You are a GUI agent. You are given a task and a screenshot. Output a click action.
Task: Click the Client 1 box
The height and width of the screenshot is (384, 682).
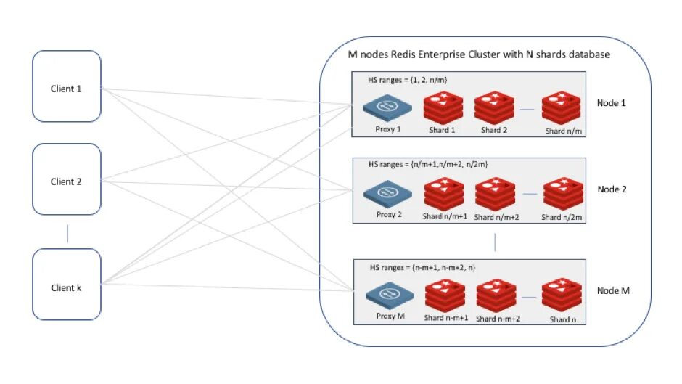point(66,86)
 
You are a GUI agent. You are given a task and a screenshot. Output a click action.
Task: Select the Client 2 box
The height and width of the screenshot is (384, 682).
point(66,179)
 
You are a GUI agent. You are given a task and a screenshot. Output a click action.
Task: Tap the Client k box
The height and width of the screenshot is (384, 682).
point(66,285)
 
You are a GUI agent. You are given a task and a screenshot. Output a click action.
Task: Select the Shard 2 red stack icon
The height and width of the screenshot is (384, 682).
point(494,107)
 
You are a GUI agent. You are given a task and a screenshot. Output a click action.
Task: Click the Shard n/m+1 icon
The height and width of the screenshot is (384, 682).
point(445,195)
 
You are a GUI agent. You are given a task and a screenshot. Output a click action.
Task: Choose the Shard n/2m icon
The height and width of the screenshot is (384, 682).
point(563,195)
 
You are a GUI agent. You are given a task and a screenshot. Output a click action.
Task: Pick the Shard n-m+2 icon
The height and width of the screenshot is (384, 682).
point(497,296)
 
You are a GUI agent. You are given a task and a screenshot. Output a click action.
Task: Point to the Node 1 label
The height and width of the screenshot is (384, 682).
point(611,103)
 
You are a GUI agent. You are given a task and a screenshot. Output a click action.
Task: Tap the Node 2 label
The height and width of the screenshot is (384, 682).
point(612,189)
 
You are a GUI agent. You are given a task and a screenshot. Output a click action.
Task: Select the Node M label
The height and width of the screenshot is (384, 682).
point(613,290)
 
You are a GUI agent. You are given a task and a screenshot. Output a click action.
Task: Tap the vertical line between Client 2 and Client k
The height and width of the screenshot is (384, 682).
point(67,232)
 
